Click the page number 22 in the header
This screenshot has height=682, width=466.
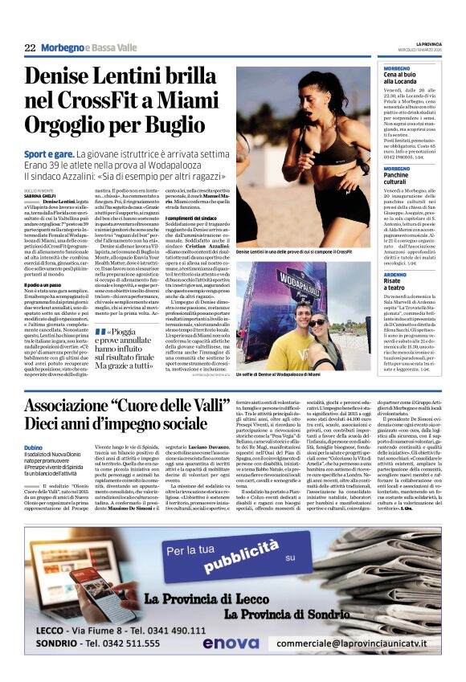pyautogui.click(x=30, y=48)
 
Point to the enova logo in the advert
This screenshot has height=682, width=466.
pyautogui.click(x=231, y=643)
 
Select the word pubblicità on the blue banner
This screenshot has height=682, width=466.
pyautogui.click(x=233, y=555)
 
